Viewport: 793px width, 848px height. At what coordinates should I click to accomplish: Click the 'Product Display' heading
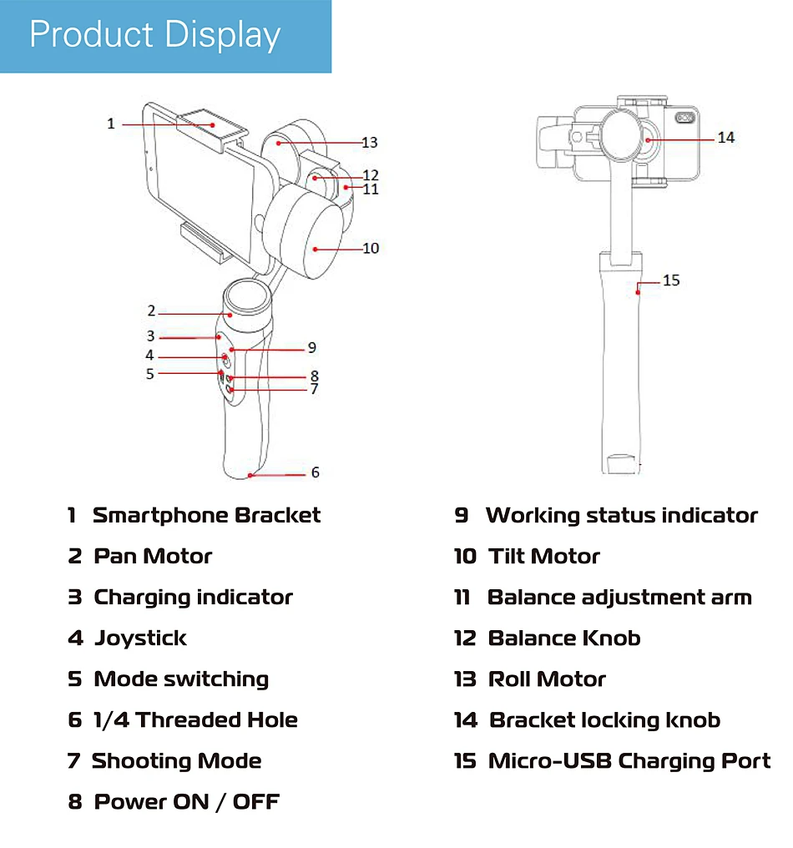(155, 35)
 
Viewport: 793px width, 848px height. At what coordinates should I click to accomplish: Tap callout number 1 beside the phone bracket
(111, 124)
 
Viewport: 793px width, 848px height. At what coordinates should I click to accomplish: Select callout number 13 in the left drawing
(370, 143)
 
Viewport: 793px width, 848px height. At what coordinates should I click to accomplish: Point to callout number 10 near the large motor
(371, 248)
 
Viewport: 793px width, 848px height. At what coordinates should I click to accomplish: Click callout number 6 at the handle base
(315, 472)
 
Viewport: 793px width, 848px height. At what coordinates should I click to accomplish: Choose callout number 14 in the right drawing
(726, 137)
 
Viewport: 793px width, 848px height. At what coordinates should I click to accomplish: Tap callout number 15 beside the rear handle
(671, 280)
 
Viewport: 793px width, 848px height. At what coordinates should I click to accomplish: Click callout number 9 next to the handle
(311, 347)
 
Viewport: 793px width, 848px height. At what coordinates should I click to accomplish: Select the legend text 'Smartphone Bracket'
(206, 515)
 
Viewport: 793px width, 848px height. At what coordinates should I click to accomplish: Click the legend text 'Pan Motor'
(153, 556)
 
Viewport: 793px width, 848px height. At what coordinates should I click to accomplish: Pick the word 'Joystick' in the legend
(140, 639)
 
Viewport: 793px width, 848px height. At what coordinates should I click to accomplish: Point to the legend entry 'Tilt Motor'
(544, 556)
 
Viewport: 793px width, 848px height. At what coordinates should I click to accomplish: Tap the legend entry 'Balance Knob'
(564, 639)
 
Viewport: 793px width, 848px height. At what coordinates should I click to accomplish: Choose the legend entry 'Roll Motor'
(547, 679)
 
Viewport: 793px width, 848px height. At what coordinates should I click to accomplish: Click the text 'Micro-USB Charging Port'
(629, 761)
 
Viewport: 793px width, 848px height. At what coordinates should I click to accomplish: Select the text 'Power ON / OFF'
(187, 802)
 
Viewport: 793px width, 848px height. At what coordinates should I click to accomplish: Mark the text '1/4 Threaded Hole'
(195, 720)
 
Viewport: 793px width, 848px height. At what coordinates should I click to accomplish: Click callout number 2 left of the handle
(151, 310)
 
